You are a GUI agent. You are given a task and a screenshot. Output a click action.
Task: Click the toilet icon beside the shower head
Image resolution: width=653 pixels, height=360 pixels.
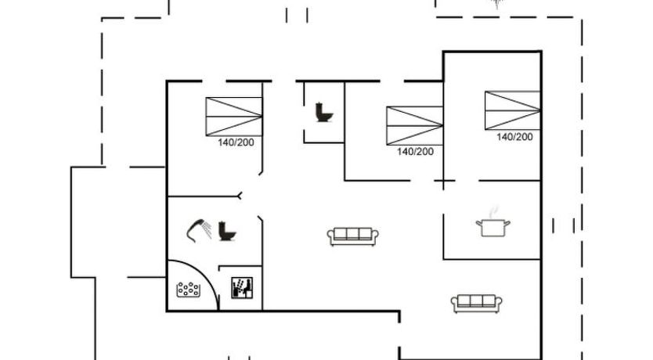coord(227,231)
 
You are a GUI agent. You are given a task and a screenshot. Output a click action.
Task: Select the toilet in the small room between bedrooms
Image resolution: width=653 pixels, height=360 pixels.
coord(324,112)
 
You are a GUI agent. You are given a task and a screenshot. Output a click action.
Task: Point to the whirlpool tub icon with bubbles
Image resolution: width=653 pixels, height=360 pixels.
coord(188,290)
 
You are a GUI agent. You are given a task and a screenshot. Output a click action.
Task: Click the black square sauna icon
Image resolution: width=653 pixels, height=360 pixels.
coord(242,288)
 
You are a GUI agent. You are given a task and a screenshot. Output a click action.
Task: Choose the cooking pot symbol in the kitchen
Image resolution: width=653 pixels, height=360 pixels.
coord(493,228)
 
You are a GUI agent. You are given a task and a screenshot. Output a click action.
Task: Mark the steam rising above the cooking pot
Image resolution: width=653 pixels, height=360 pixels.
coord(493,211)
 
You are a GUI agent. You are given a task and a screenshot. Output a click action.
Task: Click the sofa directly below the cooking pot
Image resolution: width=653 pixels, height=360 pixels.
coord(476,304)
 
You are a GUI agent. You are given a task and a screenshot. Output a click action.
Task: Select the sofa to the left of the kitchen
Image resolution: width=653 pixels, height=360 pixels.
coord(353,236)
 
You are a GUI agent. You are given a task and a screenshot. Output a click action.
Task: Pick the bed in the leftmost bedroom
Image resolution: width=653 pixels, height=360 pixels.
coord(234,117)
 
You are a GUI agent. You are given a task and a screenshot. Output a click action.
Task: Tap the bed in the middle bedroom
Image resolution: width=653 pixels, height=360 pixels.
coord(414,126)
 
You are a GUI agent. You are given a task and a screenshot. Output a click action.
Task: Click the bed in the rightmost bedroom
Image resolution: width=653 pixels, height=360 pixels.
coord(513,110)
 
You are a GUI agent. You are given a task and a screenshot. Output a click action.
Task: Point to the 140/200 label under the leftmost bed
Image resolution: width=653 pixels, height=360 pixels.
coord(236,142)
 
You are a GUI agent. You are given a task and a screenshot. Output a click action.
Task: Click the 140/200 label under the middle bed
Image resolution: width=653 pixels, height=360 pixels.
coord(415,152)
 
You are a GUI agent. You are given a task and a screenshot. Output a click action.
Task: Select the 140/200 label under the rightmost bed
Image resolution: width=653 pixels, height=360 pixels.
coord(514,137)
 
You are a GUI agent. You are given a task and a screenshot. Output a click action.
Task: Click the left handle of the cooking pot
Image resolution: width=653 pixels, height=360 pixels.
coord(479,224)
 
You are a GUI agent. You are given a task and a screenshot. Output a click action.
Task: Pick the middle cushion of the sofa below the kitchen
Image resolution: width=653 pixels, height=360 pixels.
coord(476,301)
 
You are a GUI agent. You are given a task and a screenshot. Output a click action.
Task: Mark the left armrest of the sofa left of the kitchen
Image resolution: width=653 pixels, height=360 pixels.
coord(330,236)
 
